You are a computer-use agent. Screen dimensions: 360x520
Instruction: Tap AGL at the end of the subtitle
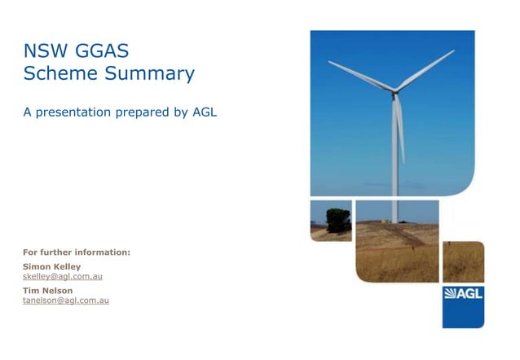pyautogui.click(x=204, y=112)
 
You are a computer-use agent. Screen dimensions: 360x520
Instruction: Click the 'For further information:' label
pyautogui.click(x=76, y=252)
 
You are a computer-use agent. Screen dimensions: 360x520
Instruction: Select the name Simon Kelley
pyautogui.click(x=51, y=266)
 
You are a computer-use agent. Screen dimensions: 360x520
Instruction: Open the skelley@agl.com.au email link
pyautogui.click(x=62, y=276)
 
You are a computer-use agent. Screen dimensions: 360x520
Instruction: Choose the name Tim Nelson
pyautogui.click(x=47, y=290)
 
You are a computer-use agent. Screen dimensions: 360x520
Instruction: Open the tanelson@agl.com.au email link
pyautogui.click(x=65, y=301)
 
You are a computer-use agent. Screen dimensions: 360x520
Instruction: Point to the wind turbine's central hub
pyautogui.click(x=396, y=90)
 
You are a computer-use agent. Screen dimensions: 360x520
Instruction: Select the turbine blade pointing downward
pyautogui.click(x=399, y=130)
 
